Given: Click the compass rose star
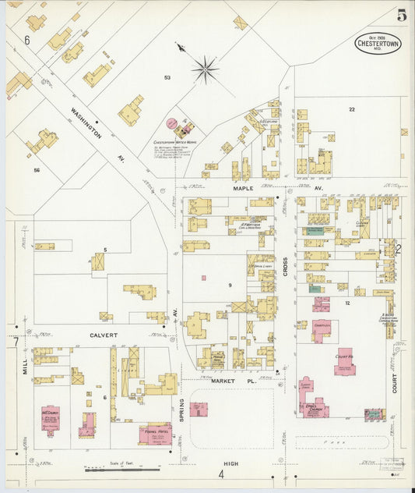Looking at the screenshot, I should pos(206,69).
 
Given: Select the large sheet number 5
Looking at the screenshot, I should pos(401,16).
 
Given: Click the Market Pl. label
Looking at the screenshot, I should pos(228,380).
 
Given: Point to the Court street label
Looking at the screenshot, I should pos(395,382).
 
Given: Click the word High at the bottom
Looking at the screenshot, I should pos(231,463).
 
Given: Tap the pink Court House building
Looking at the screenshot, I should pos(345,361).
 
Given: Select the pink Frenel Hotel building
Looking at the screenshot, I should pos(155,434).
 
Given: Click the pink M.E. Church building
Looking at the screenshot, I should pos(51,419).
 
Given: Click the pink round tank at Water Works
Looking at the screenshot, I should pos(171,123).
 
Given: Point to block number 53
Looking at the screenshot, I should pos(167,78).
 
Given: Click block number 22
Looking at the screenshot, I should pos(352,109).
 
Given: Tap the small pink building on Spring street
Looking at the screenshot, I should pos(199,409).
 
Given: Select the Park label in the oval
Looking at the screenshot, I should pos(339,441).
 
